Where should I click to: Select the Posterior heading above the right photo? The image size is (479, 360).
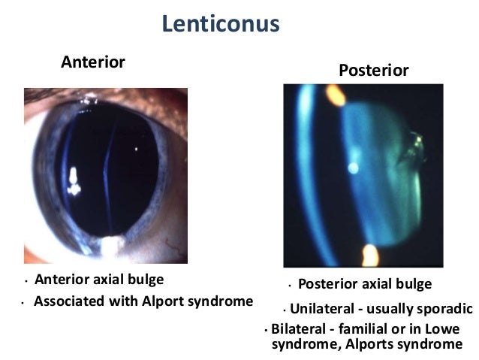point(374,71)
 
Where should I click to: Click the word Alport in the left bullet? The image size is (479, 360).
point(173,302)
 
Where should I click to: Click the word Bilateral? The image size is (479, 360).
point(299,330)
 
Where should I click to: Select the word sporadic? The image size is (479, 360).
point(444,308)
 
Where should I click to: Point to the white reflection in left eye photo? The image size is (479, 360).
point(74,180)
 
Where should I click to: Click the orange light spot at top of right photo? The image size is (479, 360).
point(335,95)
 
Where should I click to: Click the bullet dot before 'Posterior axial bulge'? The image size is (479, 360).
point(289,286)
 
